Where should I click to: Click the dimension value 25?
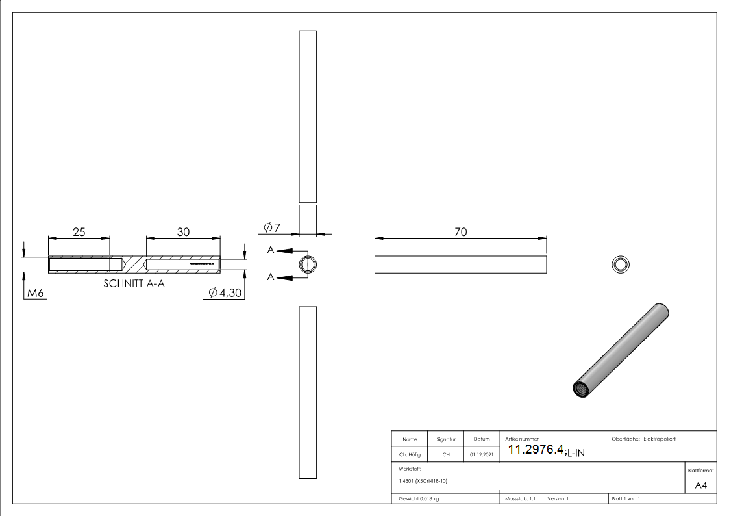[79, 232]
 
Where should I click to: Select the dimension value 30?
[183, 232]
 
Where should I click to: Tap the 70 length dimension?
[460, 232]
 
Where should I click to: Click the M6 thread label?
[35, 294]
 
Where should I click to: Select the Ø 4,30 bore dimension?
[225, 294]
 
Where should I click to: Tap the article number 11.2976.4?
[536, 450]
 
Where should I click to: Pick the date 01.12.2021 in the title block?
[481, 455]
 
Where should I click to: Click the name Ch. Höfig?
[410, 455]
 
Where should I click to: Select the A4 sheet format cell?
[700, 485]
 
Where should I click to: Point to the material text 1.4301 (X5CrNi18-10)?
[423, 481]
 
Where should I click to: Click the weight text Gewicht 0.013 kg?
[419, 499]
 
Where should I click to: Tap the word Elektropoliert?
[660, 439]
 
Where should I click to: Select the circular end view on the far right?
[621, 264]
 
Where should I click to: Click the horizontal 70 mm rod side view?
[460, 264]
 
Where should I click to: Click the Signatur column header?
[446, 439]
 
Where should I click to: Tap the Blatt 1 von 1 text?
[626, 499]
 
